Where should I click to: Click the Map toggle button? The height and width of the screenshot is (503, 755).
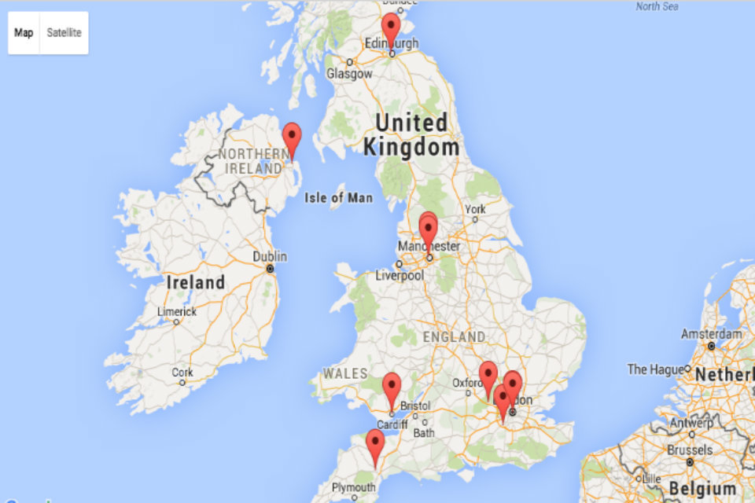24,33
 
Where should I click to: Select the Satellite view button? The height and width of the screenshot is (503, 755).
64,33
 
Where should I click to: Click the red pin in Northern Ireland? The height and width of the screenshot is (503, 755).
292,139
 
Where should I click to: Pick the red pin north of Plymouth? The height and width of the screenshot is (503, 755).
375,446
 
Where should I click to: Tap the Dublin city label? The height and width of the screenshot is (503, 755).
270,257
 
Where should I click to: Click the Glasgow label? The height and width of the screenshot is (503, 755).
349,74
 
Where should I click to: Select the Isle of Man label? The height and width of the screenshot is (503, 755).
338,197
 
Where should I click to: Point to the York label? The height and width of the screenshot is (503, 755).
475,210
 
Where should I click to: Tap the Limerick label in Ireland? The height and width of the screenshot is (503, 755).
176,312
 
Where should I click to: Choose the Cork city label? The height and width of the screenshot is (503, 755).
182,373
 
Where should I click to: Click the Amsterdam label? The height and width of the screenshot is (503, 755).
712,334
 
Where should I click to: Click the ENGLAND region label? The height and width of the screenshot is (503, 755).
454,336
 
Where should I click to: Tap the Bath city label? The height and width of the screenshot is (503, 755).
424,432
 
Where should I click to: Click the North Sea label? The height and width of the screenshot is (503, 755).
657,6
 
